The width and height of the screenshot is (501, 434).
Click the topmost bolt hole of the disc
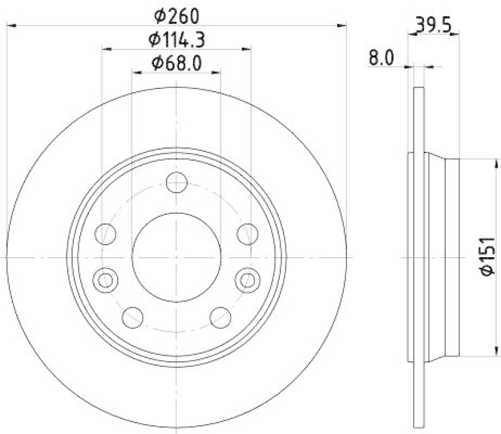pos(177,183)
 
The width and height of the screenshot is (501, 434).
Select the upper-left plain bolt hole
pos(105,235)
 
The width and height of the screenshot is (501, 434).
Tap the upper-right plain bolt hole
pos(248,235)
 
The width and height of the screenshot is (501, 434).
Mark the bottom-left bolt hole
pos(133,317)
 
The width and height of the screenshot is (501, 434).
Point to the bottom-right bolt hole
pos(220,317)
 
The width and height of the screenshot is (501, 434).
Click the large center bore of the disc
pos(177,257)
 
